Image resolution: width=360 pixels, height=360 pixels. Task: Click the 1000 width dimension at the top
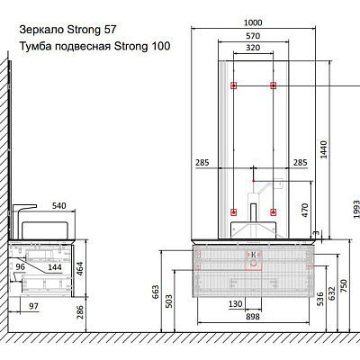click(x=253, y=22)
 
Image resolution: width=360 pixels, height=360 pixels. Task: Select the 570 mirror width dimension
click(x=253, y=36)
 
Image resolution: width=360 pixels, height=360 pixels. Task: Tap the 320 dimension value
click(x=253, y=48)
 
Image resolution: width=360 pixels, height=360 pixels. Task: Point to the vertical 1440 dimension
click(x=324, y=149)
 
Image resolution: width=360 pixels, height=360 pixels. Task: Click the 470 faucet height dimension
click(x=305, y=211)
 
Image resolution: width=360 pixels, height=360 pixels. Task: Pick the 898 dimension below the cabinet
click(x=252, y=317)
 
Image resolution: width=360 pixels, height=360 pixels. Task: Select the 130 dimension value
click(x=236, y=304)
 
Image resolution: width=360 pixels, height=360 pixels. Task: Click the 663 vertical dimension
click(x=156, y=292)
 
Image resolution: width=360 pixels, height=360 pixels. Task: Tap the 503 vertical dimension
click(x=169, y=301)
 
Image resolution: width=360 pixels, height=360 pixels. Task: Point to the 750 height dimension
click(x=344, y=285)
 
